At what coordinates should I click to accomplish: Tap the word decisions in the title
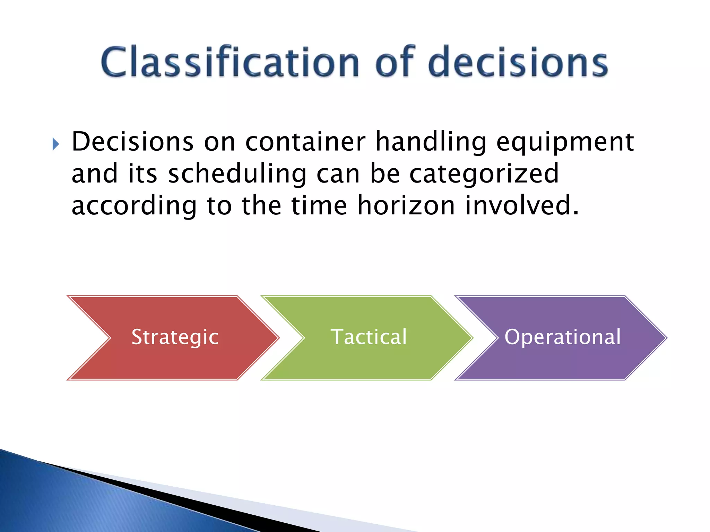coord(518,62)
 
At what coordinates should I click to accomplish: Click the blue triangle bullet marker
coord(55,144)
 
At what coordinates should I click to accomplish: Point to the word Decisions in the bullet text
coord(132,142)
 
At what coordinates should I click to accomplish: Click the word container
coord(305,142)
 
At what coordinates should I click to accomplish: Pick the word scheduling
coord(237,174)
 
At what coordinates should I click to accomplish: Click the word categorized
coord(484,174)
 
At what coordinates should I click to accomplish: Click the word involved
coord(521,205)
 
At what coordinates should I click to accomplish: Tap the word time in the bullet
coord(319,205)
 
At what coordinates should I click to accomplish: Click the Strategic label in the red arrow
coord(175,337)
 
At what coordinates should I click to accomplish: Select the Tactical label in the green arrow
coord(369,337)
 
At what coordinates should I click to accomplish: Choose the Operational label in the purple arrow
coord(563,337)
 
